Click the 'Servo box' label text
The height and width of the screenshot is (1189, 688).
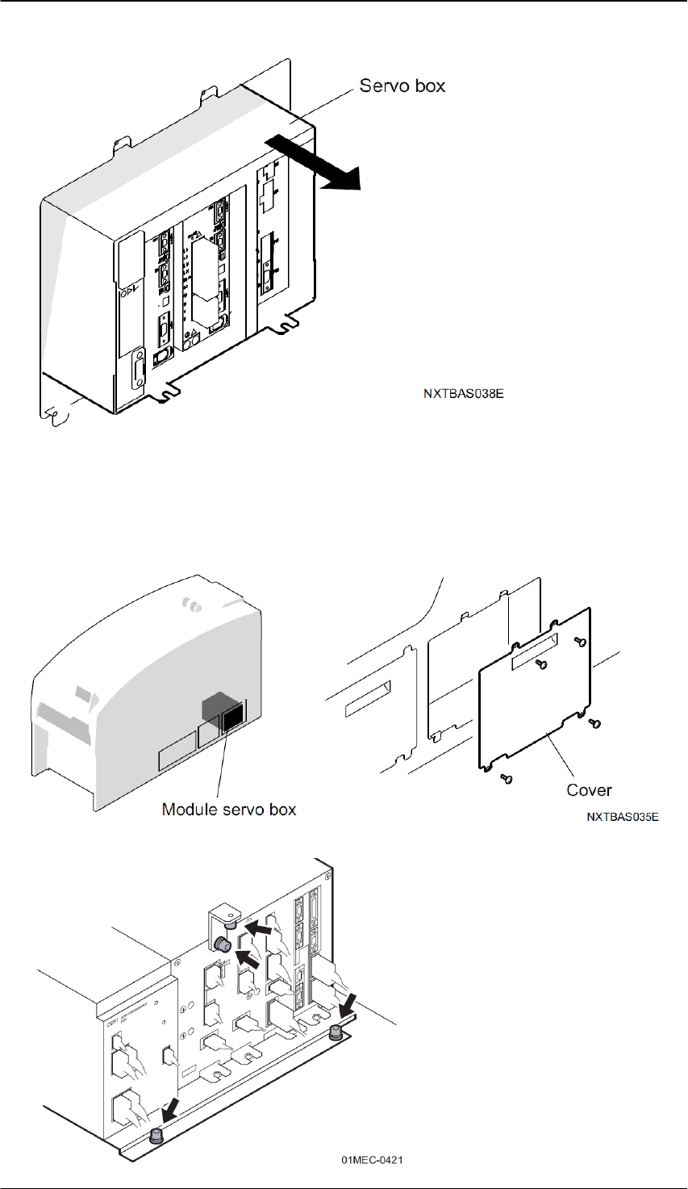pos(402,86)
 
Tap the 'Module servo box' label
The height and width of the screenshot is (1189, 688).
pos(229,809)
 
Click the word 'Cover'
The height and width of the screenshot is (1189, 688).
pos(589,790)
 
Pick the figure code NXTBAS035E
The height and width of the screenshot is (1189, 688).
pos(623,818)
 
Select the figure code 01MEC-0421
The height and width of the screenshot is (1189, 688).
pos(371,1160)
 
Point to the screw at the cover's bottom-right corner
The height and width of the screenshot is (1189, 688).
pos(594,722)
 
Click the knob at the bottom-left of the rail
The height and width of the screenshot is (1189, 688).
pos(156,1137)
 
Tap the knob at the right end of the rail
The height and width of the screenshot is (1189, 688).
pos(336,1029)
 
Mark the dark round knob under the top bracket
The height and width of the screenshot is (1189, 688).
pos(221,944)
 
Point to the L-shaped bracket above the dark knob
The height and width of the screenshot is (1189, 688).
pos(223,917)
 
